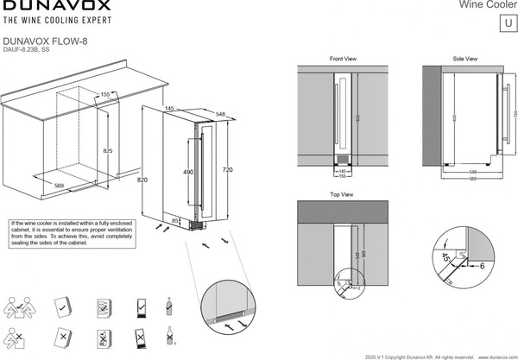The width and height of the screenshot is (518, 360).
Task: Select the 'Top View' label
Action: click(342, 195)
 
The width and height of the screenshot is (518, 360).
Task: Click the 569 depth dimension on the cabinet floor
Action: click(59, 184)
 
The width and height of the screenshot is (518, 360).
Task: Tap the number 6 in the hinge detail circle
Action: click(481, 266)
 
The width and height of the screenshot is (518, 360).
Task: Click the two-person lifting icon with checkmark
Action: click(19, 306)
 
